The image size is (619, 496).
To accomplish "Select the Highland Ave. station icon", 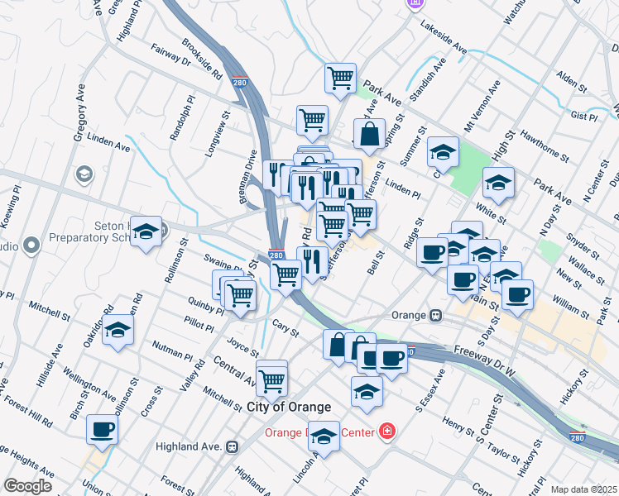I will [233, 446].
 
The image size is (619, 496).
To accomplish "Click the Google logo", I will [28, 485].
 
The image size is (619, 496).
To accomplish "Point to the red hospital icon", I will [386, 432].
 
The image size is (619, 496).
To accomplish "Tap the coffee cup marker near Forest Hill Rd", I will [102, 429].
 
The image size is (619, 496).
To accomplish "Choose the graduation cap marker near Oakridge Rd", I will [118, 331].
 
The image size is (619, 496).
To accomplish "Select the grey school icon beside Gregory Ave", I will [84, 174].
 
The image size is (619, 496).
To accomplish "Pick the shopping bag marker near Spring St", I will [369, 133].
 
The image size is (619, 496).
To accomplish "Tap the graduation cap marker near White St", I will [498, 184].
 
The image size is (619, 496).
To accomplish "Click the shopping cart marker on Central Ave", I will [271, 380].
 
